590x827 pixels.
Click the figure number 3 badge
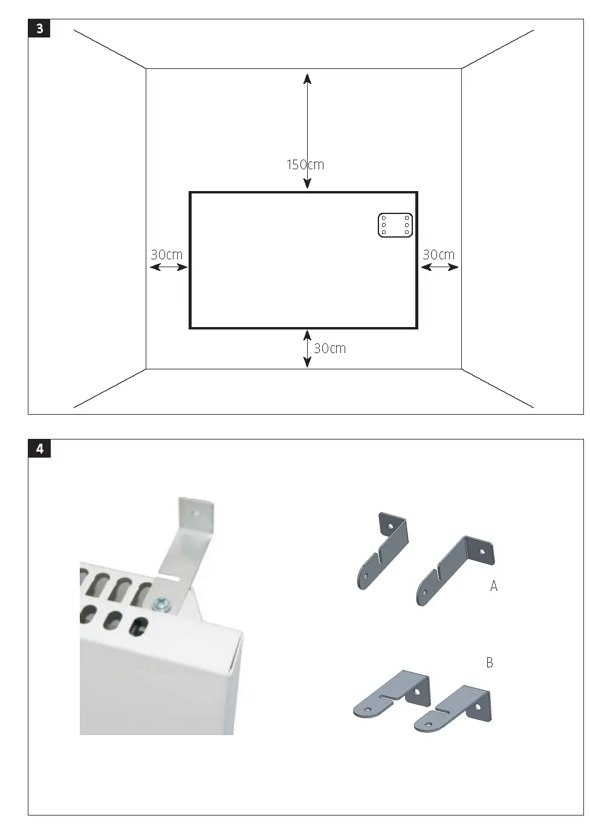pyautogui.click(x=39, y=28)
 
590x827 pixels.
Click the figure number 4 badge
pyautogui.click(x=39, y=449)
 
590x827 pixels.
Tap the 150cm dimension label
pyautogui.click(x=305, y=164)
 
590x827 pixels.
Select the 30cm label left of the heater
pyautogui.click(x=166, y=255)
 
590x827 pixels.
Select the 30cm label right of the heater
pyautogui.click(x=438, y=255)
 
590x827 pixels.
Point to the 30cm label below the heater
pyautogui.click(x=330, y=348)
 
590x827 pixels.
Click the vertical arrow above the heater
pyautogui.click(x=307, y=121)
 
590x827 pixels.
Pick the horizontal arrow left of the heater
pyautogui.click(x=168, y=267)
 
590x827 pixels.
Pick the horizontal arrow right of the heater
pyautogui.click(x=439, y=267)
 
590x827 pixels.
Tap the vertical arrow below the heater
pyautogui.click(x=307, y=349)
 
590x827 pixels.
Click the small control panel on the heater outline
pyautogui.click(x=395, y=225)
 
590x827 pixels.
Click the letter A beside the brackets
pyautogui.click(x=494, y=586)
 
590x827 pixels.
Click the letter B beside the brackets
pyautogui.click(x=490, y=663)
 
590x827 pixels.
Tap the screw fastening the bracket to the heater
pyautogui.click(x=162, y=603)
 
